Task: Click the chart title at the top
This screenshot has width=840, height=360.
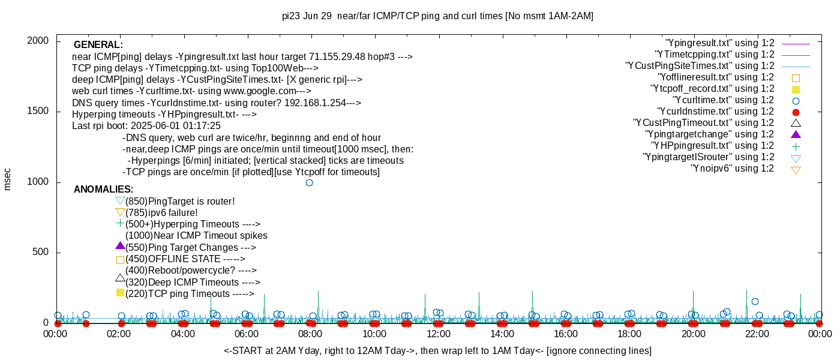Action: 437,16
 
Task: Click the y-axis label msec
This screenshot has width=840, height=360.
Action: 7,179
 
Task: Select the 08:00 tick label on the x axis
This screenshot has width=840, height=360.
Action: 311,334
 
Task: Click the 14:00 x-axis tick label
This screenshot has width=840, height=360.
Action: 502,334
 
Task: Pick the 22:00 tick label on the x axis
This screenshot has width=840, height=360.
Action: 757,334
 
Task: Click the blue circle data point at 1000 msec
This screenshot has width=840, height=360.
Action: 309,182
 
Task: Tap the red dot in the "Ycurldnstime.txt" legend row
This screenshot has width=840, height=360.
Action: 796,112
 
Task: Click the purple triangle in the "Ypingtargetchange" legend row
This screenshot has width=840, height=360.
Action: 796,134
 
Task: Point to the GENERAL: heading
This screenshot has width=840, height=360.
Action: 98,45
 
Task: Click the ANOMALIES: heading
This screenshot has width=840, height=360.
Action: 103,190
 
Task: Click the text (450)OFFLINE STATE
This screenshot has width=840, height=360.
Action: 185,259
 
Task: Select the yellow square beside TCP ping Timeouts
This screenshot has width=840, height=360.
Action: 120,293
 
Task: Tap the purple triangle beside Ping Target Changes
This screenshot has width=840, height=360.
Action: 120,246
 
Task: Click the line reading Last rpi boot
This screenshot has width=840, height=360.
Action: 146,126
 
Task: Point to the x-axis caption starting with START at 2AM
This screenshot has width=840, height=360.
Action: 437,350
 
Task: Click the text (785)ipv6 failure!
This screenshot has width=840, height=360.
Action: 161,212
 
